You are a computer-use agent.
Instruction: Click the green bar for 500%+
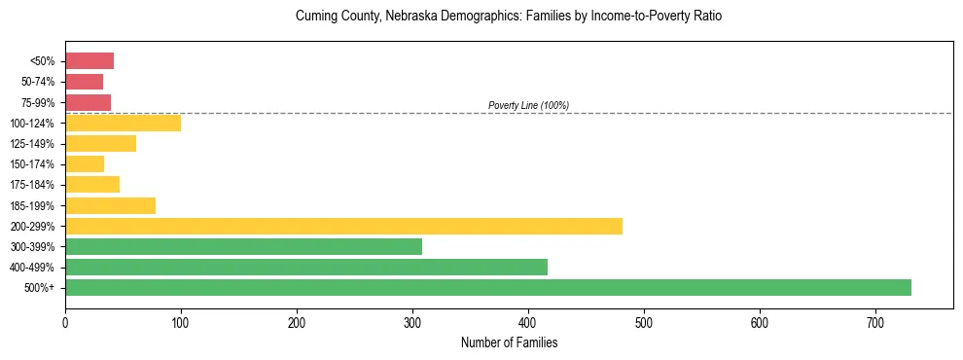pyautogui.click(x=488, y=287)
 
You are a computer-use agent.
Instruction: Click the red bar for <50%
pyautogui.click(x=89, y=61)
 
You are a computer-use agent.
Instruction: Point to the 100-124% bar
pyautogui.click(x=123, y=123)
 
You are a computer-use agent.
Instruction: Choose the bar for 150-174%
pyautogui.click(x=85, y=163)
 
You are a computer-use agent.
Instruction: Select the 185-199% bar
pyautogui.click(x=110, y=205)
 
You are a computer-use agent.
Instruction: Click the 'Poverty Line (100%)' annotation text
pyautogui.click(x=528, y=105)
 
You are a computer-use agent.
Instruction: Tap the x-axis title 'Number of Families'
pyautogui.click(x=509, y=342)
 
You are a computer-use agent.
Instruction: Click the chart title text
pyautogui.click(x=509, y=17)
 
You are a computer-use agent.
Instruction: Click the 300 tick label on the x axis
pyautogui.click(x=412, y=320)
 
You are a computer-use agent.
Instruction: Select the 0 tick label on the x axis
pyautogui.click(x=65, y=320)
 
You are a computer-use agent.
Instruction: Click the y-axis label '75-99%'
pyautogui.click(x=38, y=102)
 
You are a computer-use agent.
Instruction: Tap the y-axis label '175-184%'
pyautogui.click(x=34, y=185)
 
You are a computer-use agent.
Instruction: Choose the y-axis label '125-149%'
pyautogui.click(x=34, y=143)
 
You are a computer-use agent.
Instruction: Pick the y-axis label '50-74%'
pyautogui.click(x=38, y=82)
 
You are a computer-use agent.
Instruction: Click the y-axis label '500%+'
pyautogui.click(x=40, y=288)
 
